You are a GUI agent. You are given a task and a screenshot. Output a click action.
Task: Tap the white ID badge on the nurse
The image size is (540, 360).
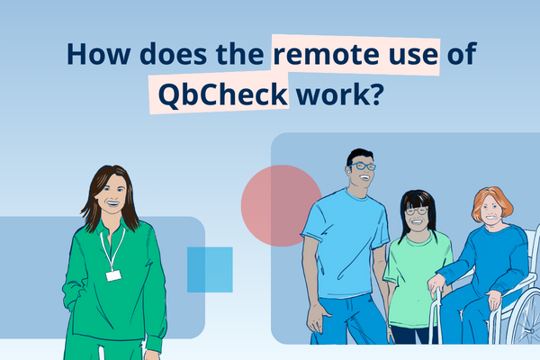coord(113,274)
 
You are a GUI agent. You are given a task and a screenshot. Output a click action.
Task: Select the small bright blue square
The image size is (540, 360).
coord(210,269)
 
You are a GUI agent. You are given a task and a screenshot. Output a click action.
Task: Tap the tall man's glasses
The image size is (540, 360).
coord(362,166)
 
